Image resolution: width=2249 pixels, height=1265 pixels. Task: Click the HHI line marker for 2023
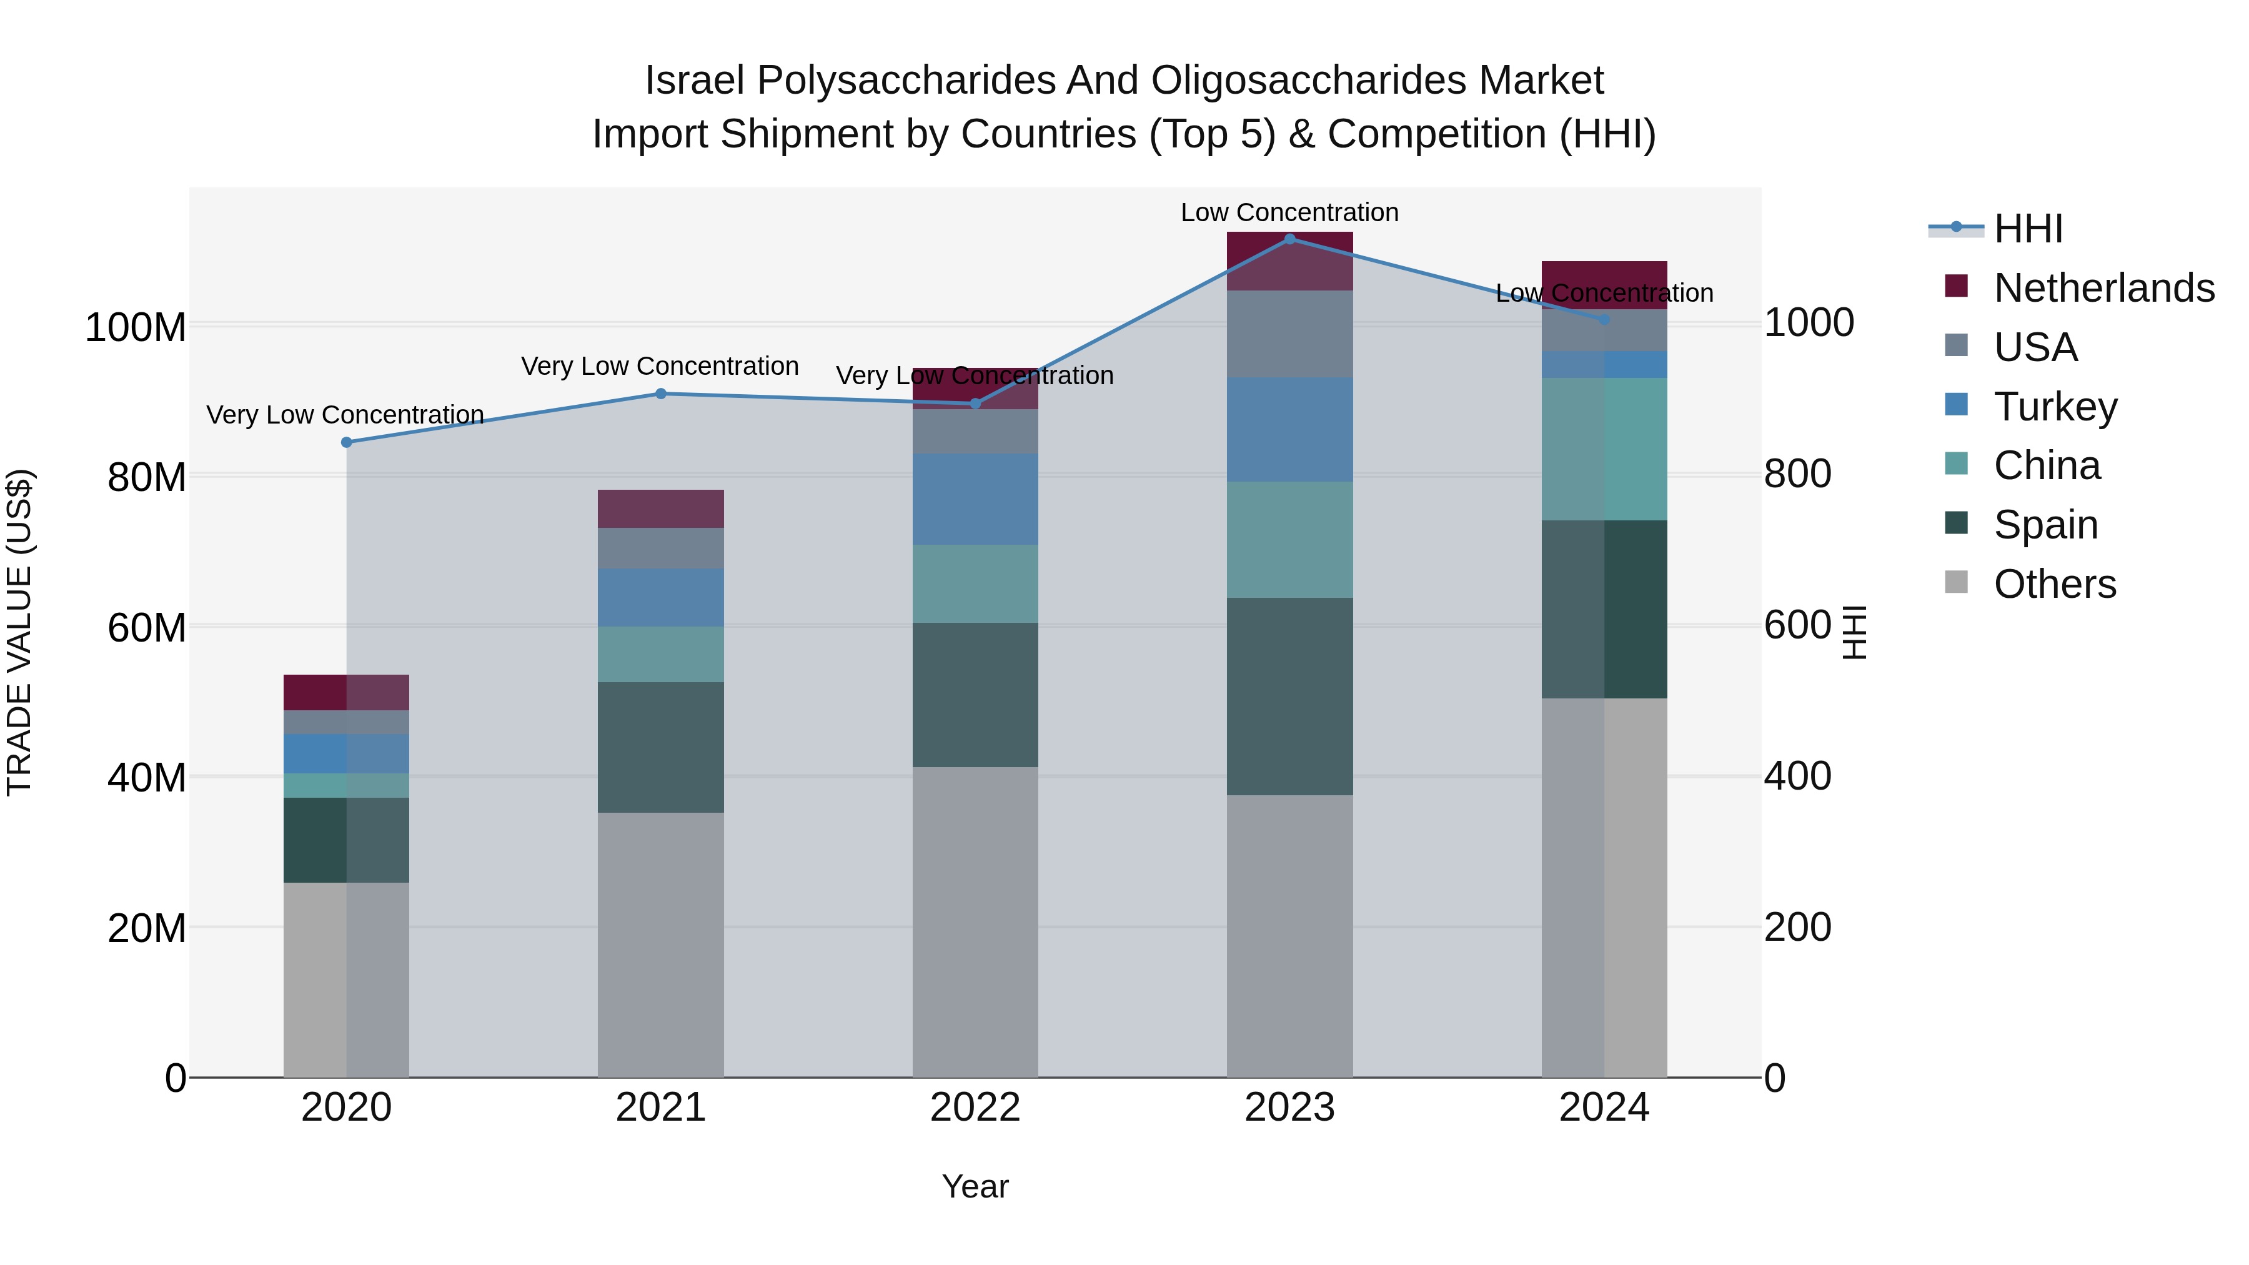coord(1289,239)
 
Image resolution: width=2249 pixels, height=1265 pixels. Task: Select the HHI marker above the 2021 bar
coord(661,394)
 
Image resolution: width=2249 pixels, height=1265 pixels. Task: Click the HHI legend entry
coord(2027,229)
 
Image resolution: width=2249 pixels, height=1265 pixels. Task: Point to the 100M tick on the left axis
coord(136,328)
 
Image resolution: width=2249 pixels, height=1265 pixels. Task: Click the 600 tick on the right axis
coord(1797,625)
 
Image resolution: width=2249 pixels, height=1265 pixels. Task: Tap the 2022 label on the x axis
coord(975,1108)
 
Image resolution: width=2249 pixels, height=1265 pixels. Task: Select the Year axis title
coord(975,1186)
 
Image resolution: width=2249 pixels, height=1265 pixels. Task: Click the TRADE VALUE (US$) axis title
coord(19,632)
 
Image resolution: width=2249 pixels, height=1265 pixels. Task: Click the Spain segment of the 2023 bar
coord(1289,696)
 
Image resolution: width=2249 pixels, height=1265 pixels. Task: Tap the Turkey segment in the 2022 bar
coord(975,499)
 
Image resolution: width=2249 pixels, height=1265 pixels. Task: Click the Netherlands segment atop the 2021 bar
coord(661,509)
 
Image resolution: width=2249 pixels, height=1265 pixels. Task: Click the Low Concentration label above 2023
coord(1289,213)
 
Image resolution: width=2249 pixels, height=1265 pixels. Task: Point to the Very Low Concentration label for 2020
coord(345,415)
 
